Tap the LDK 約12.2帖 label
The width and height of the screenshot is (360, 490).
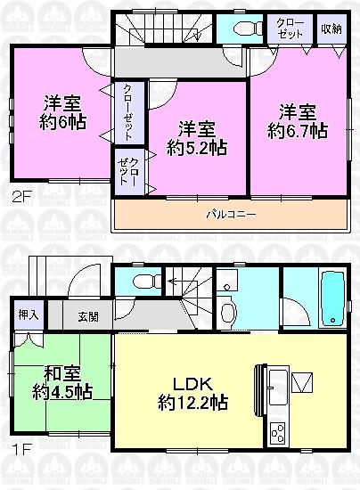(193, 391)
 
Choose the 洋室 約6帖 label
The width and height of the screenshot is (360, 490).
(61, 110)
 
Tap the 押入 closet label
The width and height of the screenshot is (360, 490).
(28, 314)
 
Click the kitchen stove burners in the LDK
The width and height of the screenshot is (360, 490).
(277, 433)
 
